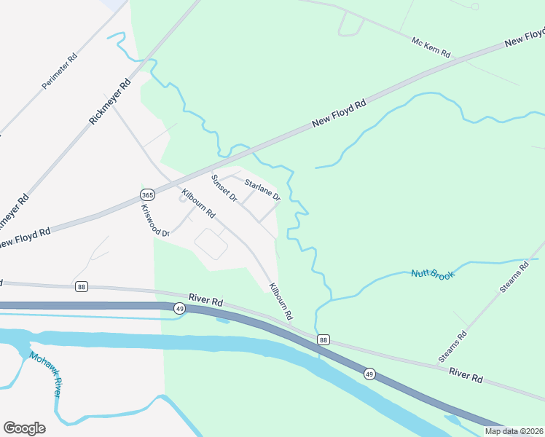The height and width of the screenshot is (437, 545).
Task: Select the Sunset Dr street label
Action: (224, 188)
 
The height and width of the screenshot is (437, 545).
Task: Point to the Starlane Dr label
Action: (262, 190)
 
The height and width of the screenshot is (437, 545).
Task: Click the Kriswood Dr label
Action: (155, 220)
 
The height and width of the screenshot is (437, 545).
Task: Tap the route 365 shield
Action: (147, 195)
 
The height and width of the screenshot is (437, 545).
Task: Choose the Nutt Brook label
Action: (433, 274)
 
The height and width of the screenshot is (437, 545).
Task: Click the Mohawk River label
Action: (46, 374)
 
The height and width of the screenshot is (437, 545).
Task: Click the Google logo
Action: (24, 428)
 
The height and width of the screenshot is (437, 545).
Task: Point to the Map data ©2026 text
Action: (514, 431)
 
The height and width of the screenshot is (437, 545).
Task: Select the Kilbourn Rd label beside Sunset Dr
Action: (199, 204)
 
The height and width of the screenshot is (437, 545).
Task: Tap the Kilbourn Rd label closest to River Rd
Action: (280, 302)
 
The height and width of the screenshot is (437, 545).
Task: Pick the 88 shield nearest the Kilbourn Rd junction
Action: (324, 339)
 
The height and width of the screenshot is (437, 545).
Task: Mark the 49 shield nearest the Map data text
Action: (370, 374)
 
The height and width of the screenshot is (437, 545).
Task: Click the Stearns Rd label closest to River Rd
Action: (452, 347)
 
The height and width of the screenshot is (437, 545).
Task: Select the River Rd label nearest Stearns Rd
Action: (466, 376)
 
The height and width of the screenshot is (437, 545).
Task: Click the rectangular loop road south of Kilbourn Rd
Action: (212, 243)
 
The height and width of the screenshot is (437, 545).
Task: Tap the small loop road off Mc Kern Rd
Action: (351, 26)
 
